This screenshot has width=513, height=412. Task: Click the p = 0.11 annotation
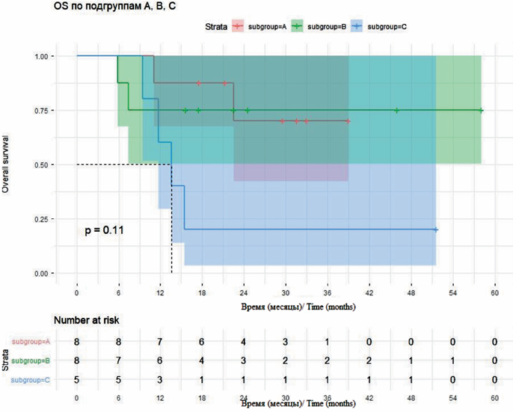click(x=104, y=230)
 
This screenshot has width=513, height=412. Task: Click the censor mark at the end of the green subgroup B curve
click(x=481, y=110)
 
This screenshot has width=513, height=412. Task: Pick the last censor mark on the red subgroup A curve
click(x=348, y=120)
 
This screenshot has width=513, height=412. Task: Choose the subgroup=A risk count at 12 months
click(x=160, y=342)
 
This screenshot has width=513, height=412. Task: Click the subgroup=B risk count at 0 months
click(x=77, y=360)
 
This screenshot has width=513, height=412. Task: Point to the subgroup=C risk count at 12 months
click(x=160, y=380)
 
